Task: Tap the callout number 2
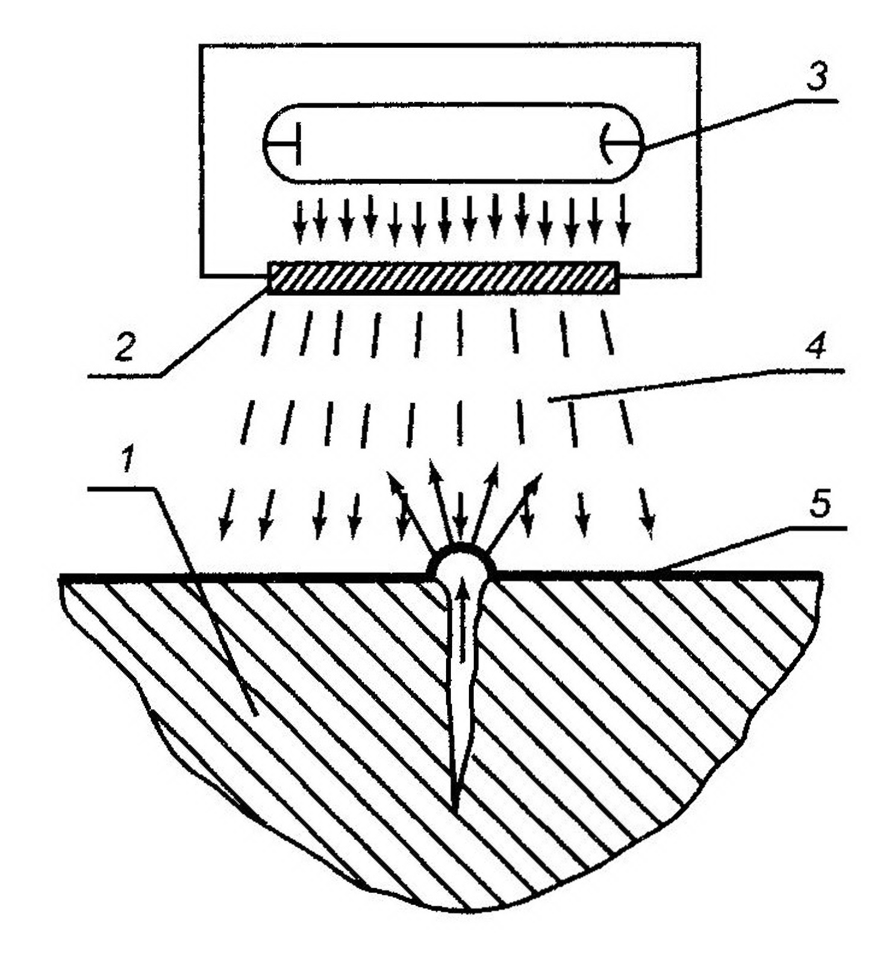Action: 124,348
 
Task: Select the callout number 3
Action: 816,77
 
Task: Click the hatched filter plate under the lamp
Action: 443,277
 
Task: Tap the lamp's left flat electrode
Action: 296,144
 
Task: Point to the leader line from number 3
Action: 735,120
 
